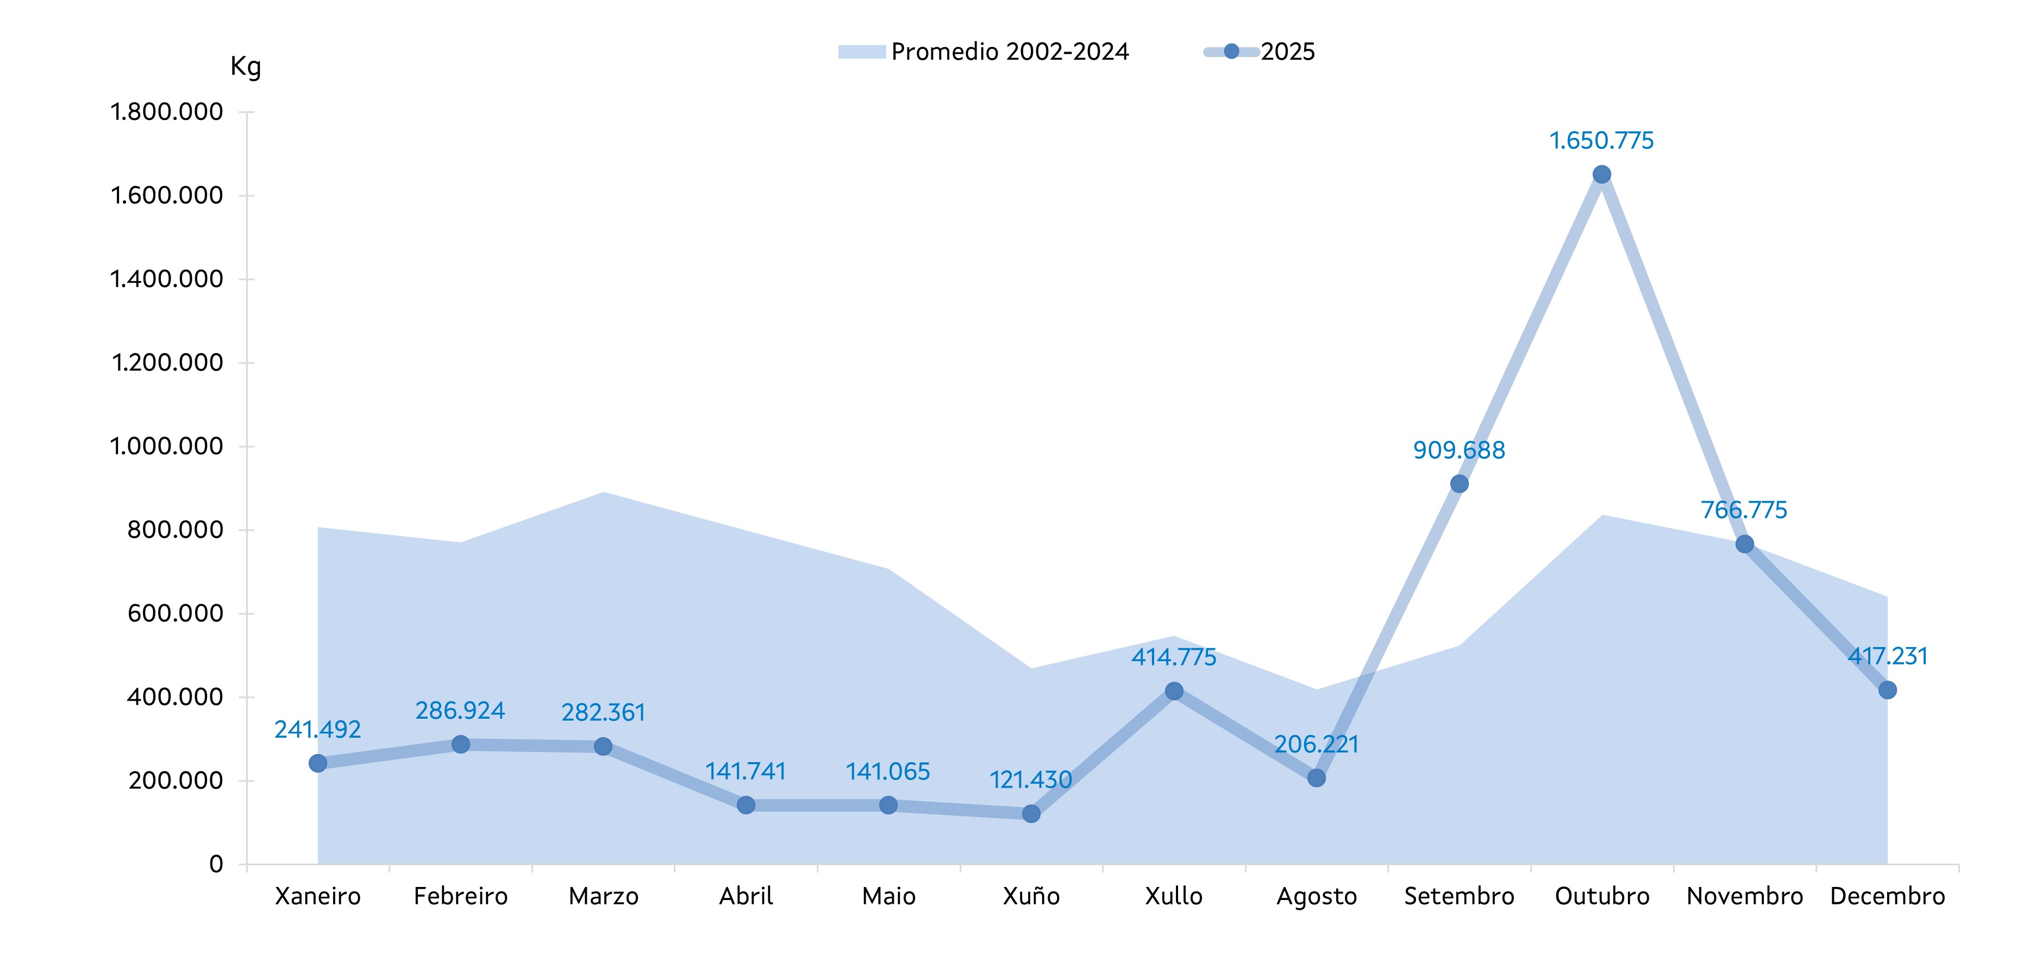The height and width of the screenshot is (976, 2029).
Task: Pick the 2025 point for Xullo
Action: (x=1174, y=691)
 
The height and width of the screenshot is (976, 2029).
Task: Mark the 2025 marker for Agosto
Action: (x=1316, y=778)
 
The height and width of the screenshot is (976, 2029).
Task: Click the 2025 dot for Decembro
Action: (x=1887, y=689)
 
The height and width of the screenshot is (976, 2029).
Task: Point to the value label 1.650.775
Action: (x=1601, y=141)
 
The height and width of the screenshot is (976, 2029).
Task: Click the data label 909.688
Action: (x=1459, y=450)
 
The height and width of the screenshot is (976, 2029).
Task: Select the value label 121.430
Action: (x=1030, y=780)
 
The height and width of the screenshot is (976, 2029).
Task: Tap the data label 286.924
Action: (x=460, y=711)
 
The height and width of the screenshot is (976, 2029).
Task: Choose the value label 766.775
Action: (x=1744, y=510)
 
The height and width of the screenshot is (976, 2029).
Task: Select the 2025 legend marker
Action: (x=1231, y=52)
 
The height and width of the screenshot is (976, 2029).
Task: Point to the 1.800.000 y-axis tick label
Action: (x=167, y=112)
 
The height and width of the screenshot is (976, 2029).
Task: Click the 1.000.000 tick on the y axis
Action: (x=167, y=446)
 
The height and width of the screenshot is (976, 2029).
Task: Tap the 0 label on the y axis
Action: (x=216, y=864)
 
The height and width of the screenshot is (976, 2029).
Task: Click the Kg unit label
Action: (x=246, y=67)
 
